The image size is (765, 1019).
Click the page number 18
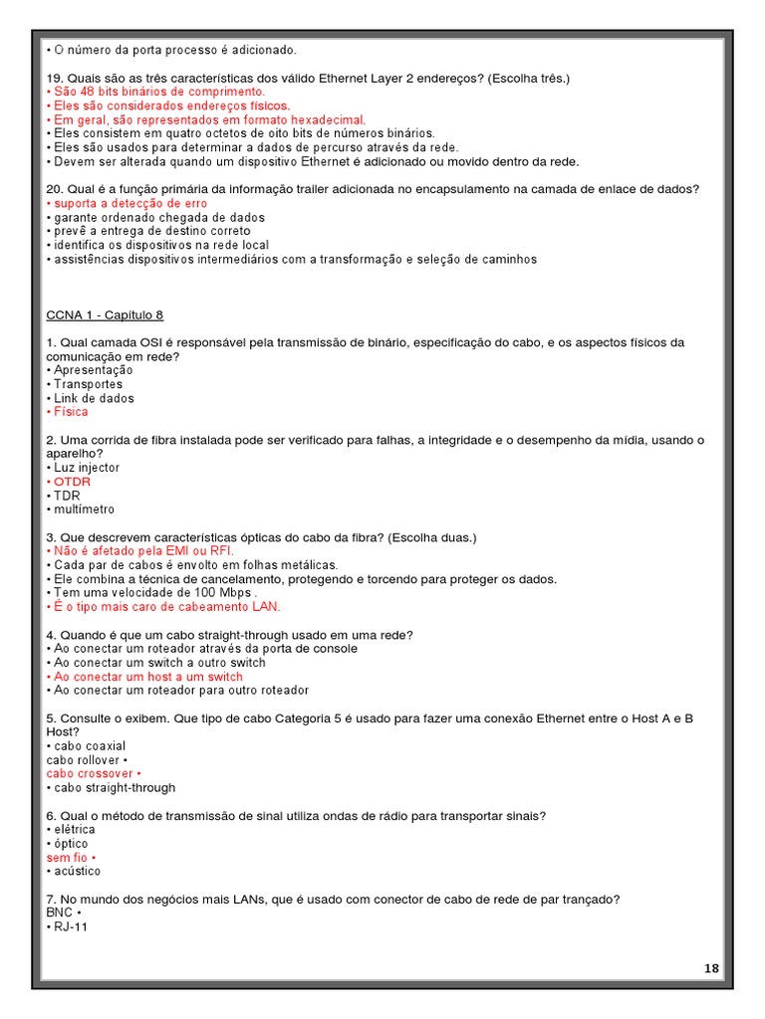[712, 968]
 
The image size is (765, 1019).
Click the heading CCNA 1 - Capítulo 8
[105, 315]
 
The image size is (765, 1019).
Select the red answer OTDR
[72, 482]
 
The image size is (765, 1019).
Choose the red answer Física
[71, 412]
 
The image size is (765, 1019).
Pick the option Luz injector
[87, 468]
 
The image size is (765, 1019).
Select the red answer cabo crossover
[90, 773]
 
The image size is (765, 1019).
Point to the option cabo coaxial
[90, 745]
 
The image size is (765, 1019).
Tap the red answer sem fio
[67, 857]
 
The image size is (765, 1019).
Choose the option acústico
[77, 871]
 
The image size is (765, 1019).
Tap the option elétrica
[75, 829]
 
